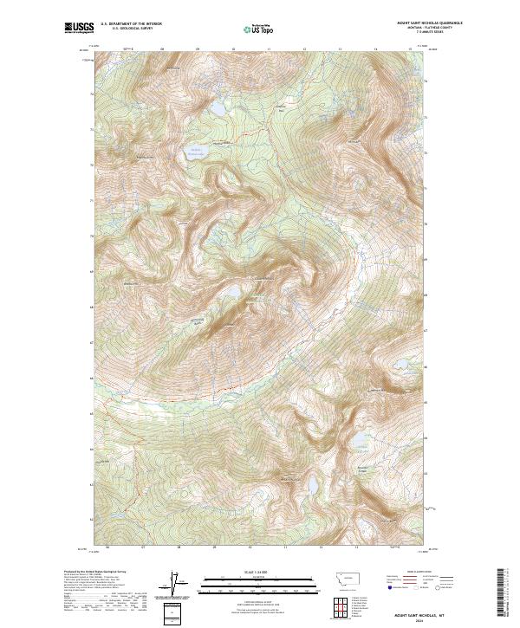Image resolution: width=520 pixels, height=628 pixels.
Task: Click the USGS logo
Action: coord(79,29)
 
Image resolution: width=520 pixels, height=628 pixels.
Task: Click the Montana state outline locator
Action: coord(339,578)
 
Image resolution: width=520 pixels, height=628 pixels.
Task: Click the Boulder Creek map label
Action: coord(364,470)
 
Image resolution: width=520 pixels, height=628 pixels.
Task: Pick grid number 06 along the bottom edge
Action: coord(107,547)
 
